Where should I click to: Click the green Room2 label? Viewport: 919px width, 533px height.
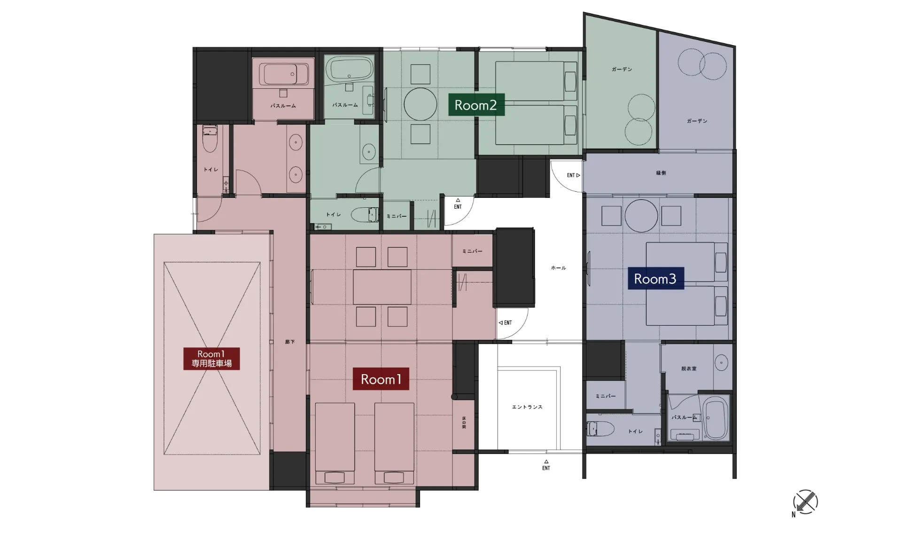(476, 105)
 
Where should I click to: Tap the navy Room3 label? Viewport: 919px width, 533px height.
(655, 279)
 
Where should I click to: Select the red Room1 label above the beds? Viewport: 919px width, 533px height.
(381, 379)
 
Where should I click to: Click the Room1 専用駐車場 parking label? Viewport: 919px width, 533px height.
(211, 359)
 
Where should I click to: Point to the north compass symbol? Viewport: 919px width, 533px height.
(805, 502)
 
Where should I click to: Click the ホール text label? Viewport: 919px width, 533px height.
(558, 268)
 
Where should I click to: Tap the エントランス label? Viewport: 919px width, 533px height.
(527, 407)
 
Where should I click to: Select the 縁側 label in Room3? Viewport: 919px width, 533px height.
(661, 173)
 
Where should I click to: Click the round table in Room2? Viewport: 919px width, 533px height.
(421, 104)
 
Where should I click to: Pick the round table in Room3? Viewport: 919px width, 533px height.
(641, 216)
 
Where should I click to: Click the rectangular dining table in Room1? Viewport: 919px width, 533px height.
(382, 287)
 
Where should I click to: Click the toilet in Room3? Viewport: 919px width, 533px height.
(600, 429)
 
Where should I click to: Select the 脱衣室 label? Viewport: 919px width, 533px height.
(689, 369)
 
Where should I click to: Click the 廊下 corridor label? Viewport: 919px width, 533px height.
(290, 342)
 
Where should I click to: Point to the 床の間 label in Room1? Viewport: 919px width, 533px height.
(464, 422)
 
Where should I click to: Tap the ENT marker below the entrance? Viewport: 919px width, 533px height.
(546, 465)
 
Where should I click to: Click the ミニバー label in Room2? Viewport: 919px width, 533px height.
(397, 216)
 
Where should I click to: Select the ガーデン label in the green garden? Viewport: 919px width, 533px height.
(622, 69)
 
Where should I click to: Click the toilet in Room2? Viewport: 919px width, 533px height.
(365, 215)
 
